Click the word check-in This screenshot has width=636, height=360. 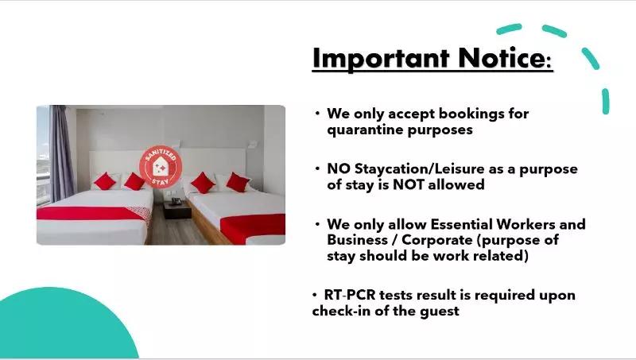pyautogui.click(x=343, y=311)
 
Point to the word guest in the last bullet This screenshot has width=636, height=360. pyautogui.click(x=438, y=311)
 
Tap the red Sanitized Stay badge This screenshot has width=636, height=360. pyautogui.click(x=161, y=165)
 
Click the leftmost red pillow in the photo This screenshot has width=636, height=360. pyautogui.click(x=105, y=181)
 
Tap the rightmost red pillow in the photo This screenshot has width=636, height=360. pyautogui.click(x=238, y=182)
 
